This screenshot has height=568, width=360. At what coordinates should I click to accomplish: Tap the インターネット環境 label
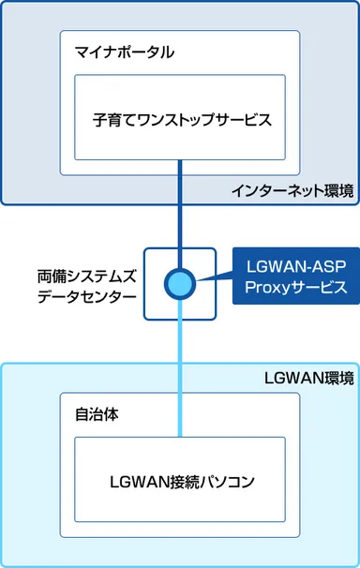(x=292, y=192)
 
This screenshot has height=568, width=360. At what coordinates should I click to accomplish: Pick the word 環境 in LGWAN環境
(x=339, y=352)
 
